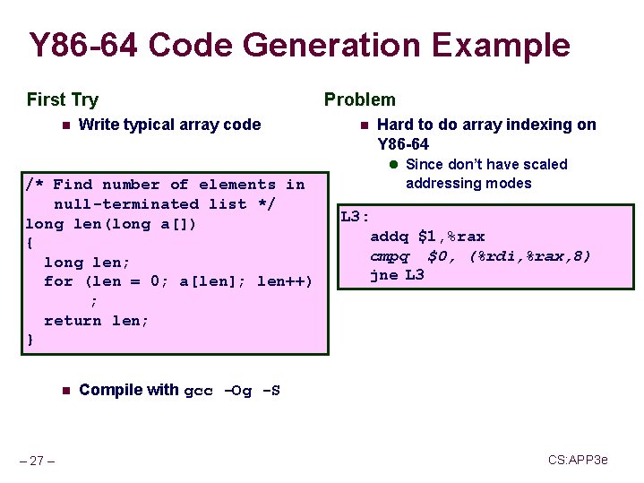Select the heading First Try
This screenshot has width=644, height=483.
pos(63,99)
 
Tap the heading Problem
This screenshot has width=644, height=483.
pos(359,99)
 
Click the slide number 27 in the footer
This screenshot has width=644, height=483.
pos(37,461)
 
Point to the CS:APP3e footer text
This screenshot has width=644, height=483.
pos(578,460)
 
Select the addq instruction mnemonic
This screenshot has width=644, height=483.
pos(389,237)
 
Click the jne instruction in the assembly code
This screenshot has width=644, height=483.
pos(383,275)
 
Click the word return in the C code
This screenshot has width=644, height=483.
pos(73,321)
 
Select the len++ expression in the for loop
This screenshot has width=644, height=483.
pos(281,281)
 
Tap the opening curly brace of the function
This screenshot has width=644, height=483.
pos(30,243)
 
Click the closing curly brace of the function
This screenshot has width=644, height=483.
pos(30,340)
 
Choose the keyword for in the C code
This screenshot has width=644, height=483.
pos(58,281)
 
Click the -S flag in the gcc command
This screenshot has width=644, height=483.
pos(270,391)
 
